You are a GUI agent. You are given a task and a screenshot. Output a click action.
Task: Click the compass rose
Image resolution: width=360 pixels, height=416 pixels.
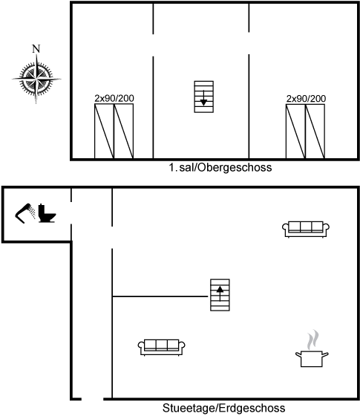click(36, 79)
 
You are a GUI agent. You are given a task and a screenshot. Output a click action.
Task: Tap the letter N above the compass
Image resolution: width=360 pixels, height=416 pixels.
click(36, 49)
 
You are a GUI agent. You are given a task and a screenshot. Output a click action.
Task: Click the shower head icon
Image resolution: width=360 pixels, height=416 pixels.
click(25, 213)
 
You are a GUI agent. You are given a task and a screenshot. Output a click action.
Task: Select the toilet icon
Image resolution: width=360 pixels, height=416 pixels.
click(48, 213)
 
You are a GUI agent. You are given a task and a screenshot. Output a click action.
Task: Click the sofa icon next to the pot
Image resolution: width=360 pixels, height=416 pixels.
click(306, 230)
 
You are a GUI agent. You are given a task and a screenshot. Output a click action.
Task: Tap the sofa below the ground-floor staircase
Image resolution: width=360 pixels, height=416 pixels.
click(162, 348)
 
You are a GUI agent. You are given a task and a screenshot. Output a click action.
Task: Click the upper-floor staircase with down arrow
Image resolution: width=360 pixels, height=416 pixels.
click(204, 97)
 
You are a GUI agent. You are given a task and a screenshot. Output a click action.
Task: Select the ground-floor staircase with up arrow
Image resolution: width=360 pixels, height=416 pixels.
click(220, 295)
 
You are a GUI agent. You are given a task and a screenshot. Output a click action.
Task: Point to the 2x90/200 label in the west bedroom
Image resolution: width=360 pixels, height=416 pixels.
click(114, 98)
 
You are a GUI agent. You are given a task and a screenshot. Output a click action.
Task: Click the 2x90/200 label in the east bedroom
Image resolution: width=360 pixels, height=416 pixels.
click(306, 99)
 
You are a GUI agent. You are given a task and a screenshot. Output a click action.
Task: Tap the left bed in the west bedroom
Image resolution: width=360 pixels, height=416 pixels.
click(105, 131)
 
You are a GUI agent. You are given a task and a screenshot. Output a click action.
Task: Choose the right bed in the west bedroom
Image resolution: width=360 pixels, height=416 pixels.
click(124, 131)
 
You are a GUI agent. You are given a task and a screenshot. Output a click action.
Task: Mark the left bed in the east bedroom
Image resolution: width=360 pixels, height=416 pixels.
click(296, 131)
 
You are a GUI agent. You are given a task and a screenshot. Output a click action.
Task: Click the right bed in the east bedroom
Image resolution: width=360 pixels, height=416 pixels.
click(315, 131)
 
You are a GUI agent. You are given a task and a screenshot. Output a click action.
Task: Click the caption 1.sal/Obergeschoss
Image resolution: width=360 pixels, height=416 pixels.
click(220, 168)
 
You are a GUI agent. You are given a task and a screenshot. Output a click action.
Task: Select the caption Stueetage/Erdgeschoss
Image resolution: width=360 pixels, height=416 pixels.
click(224, 408)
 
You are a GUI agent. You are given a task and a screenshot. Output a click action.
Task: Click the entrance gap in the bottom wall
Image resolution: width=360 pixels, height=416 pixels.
click(92, 399)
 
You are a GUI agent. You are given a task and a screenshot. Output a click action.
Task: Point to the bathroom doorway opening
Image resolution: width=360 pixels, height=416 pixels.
click(71, 213)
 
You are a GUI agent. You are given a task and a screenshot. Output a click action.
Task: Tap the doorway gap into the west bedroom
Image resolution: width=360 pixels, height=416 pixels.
click(153, 45)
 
